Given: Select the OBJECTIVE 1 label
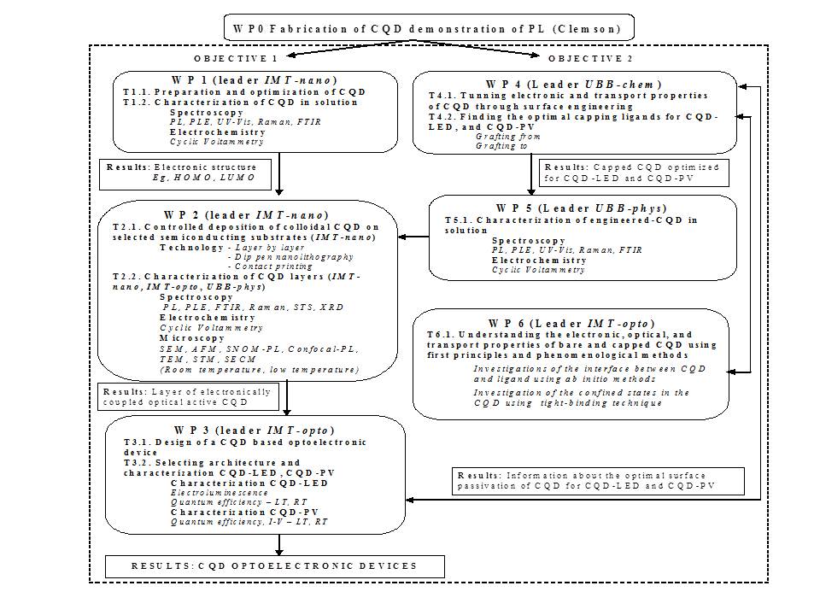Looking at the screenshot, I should pyautogui.click(x=235, y=59).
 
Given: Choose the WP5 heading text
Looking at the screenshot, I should pyautogui.click(x=581, y=208).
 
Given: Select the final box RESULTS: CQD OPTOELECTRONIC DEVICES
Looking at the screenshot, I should pyautogui.click(x=275, y=565).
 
